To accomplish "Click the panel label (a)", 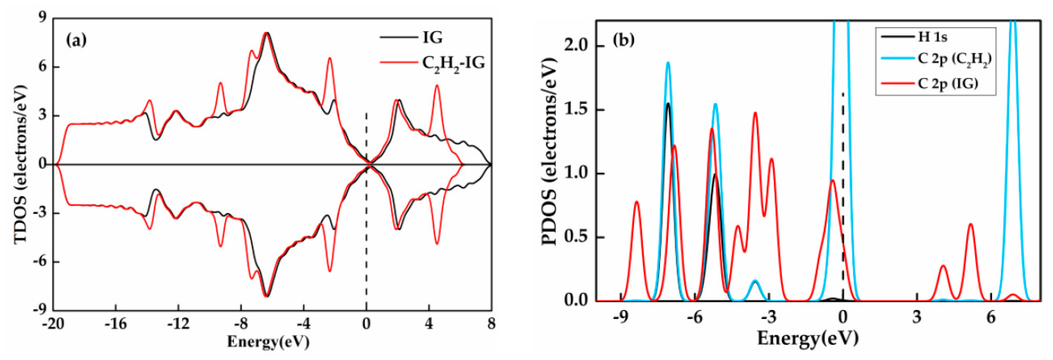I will coord(77,40).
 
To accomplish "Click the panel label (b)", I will coord(623,40).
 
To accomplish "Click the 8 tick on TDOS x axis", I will coord(491,324).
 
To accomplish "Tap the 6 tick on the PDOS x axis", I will coord(991,317).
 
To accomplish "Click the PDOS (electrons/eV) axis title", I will coord(550,161).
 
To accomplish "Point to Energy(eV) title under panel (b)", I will coord(808,339).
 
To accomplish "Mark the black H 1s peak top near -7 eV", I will coord(668,103).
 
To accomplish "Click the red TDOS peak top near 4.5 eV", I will coord(437,86).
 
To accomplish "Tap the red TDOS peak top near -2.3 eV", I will coord(329,58).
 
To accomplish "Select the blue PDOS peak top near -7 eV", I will coord(668,62).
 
